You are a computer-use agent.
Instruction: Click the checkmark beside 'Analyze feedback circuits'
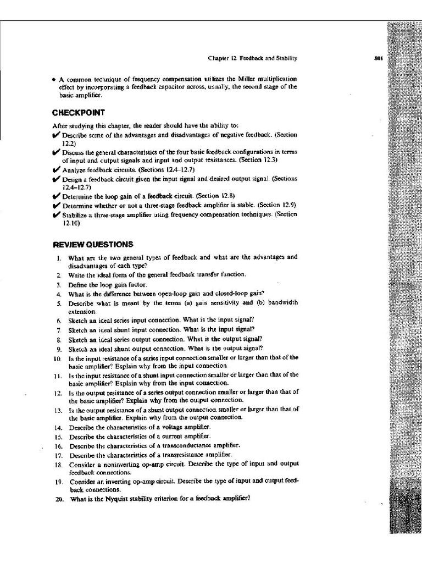click(57, 170)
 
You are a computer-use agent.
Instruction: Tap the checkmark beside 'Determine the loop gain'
click(57, 195)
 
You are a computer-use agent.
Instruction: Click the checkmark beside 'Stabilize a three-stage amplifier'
click(57, 214)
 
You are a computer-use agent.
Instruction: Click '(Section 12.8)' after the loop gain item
click(218, 196)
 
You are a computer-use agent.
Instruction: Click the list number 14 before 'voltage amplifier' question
click(59, 427)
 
